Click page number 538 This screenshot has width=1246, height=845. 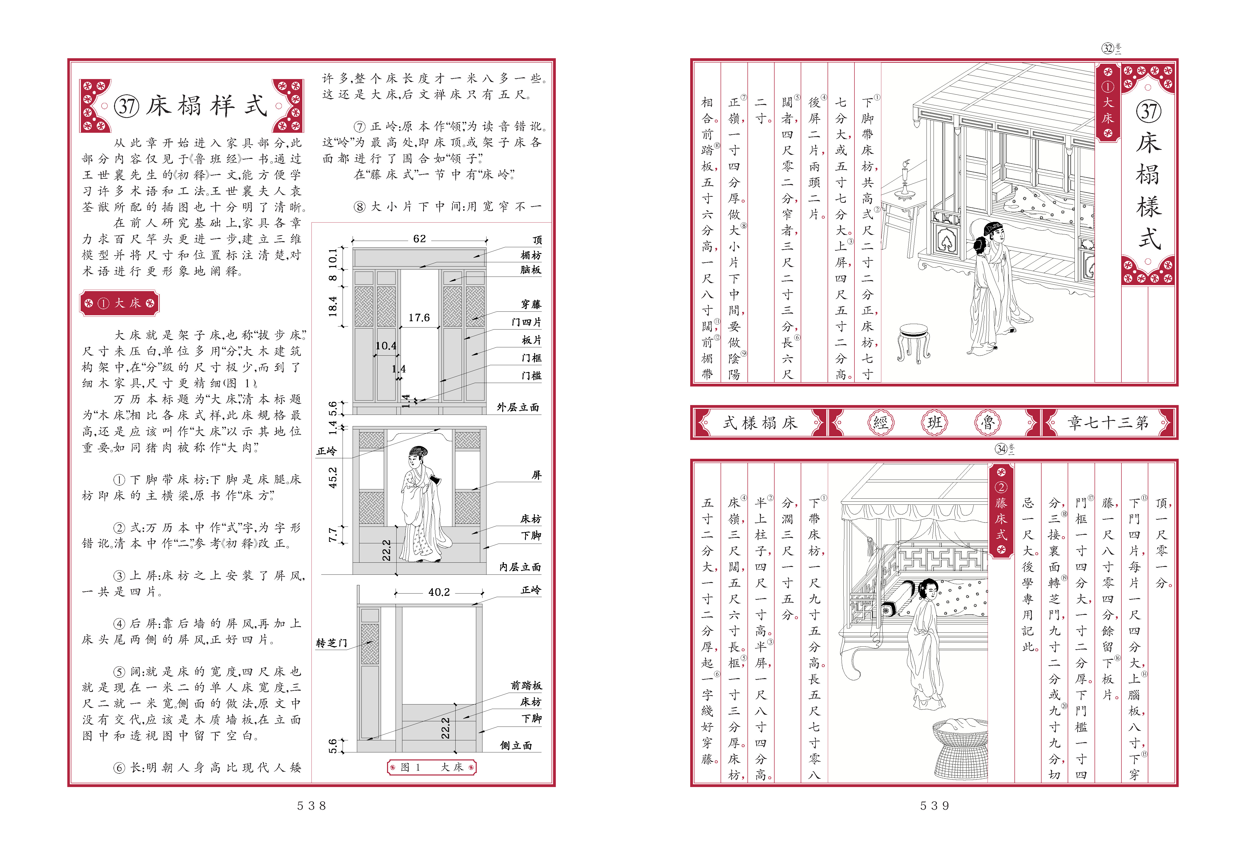coord(311,805)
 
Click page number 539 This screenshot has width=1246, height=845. coord(935,805)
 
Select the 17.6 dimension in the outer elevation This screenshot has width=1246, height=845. coord(419,318)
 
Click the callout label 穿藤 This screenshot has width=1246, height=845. coord(531,304)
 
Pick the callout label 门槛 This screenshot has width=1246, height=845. coord(531,376)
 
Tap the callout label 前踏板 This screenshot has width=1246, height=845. coord(526,685)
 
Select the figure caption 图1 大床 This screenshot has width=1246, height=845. coord(431,767)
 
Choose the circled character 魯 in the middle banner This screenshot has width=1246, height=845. coord(988,423)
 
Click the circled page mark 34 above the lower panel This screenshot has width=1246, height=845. coord(1001,449)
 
